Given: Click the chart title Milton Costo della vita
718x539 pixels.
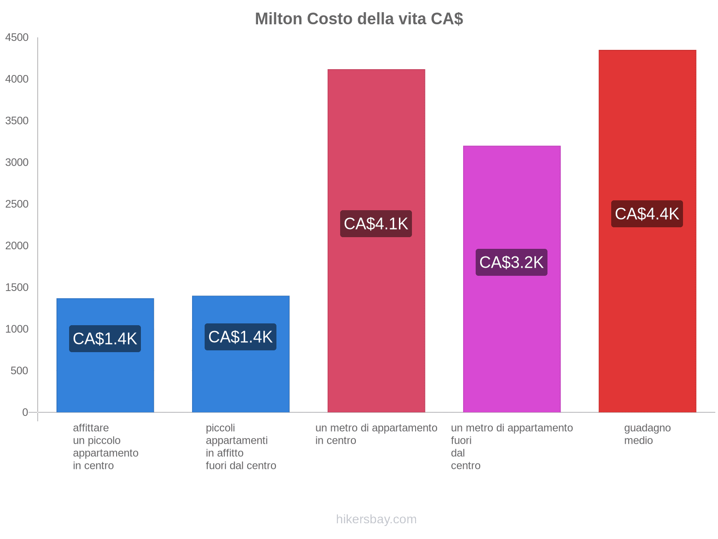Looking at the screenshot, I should pos(359,19).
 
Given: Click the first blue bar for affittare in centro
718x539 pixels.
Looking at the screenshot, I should pos(105,382).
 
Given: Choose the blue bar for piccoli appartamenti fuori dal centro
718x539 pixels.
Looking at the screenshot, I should pos(241,382).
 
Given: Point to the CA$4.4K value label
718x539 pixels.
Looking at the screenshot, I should pos(647,214).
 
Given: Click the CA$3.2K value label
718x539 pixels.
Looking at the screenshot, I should pos(511,262).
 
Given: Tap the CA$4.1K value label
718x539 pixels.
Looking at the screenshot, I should pos(376,224).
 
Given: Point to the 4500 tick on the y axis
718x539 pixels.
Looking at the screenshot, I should pos(17,38).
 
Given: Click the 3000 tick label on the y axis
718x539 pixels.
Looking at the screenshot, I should pos(17,163).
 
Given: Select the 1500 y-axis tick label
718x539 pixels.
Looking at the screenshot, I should pos(17,287).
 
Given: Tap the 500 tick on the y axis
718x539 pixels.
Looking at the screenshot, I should pos(19,371).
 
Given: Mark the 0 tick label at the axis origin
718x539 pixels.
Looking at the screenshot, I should pos(25,412).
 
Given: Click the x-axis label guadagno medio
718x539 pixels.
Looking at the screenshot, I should pos(647,434).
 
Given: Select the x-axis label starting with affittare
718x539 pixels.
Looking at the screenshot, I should pos(105,446).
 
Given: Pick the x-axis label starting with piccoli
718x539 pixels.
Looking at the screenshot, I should pos(241,446).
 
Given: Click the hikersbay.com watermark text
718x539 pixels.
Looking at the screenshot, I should pos(376,519).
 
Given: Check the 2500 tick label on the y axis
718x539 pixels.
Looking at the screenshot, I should pos(17,204).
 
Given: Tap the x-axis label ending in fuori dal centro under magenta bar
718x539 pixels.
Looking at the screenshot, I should pos(512,446).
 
